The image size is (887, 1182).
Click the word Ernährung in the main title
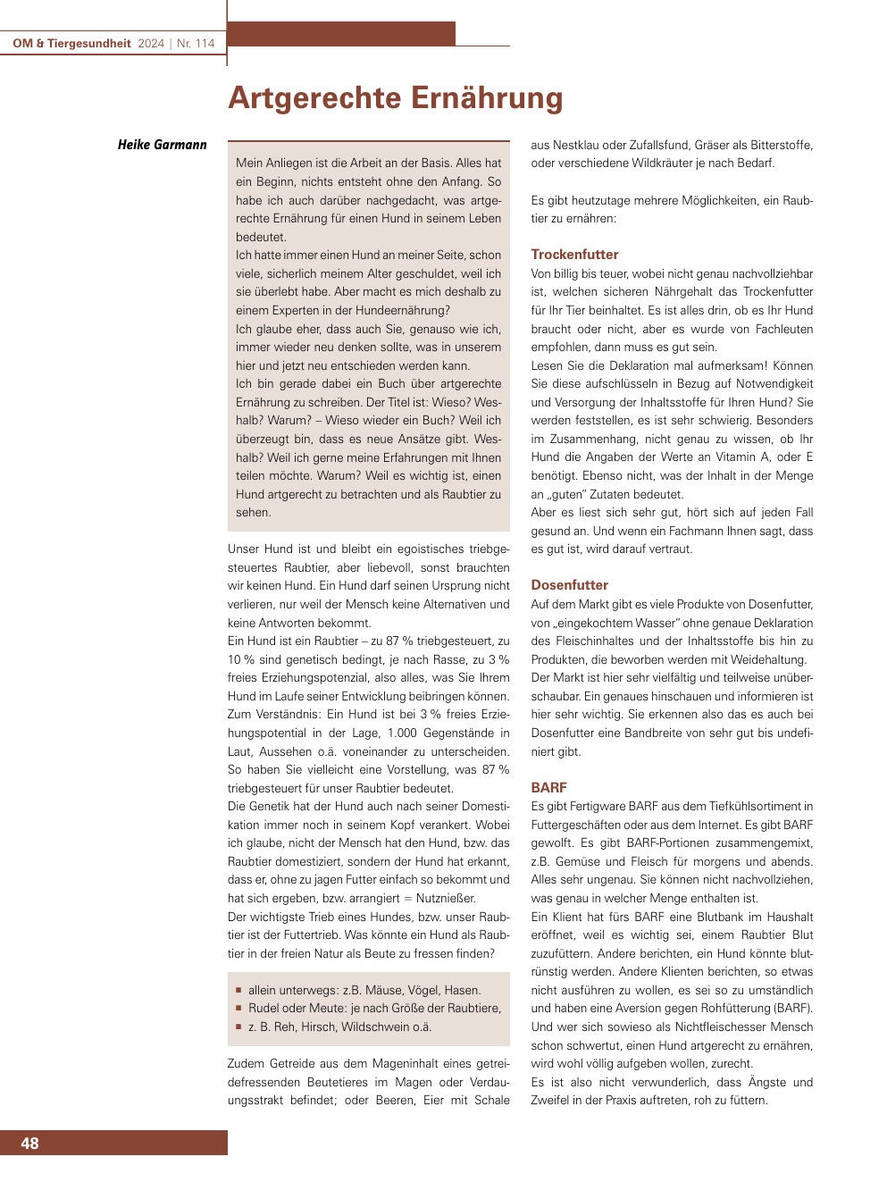click(x=474, y=98)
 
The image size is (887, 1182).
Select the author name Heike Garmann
click(x=162, y=145)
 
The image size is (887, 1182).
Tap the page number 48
click(x=29, y=1144)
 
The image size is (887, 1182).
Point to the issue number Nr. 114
click(x=196, y=43)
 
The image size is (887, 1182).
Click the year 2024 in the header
click(x=151, y=43)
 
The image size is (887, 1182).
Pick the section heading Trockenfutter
click(x=574, y=255)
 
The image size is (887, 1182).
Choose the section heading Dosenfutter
click(x=569, y=585)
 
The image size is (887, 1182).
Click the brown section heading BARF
click(x=548, y=788)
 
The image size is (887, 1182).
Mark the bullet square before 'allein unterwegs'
click(x=238, y=990)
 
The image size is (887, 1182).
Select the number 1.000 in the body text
click(x=402, y=734)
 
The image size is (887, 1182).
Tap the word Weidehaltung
click(x=772, y=660)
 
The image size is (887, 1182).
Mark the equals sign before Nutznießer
click(x=406, y=899)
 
